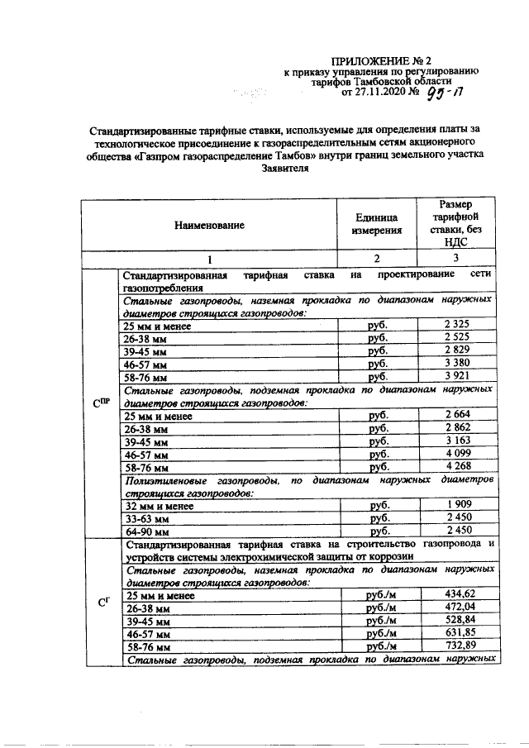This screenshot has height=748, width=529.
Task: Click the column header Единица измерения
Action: tap(377, 224)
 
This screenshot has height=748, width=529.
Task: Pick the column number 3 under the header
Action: tap(455, 258)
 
